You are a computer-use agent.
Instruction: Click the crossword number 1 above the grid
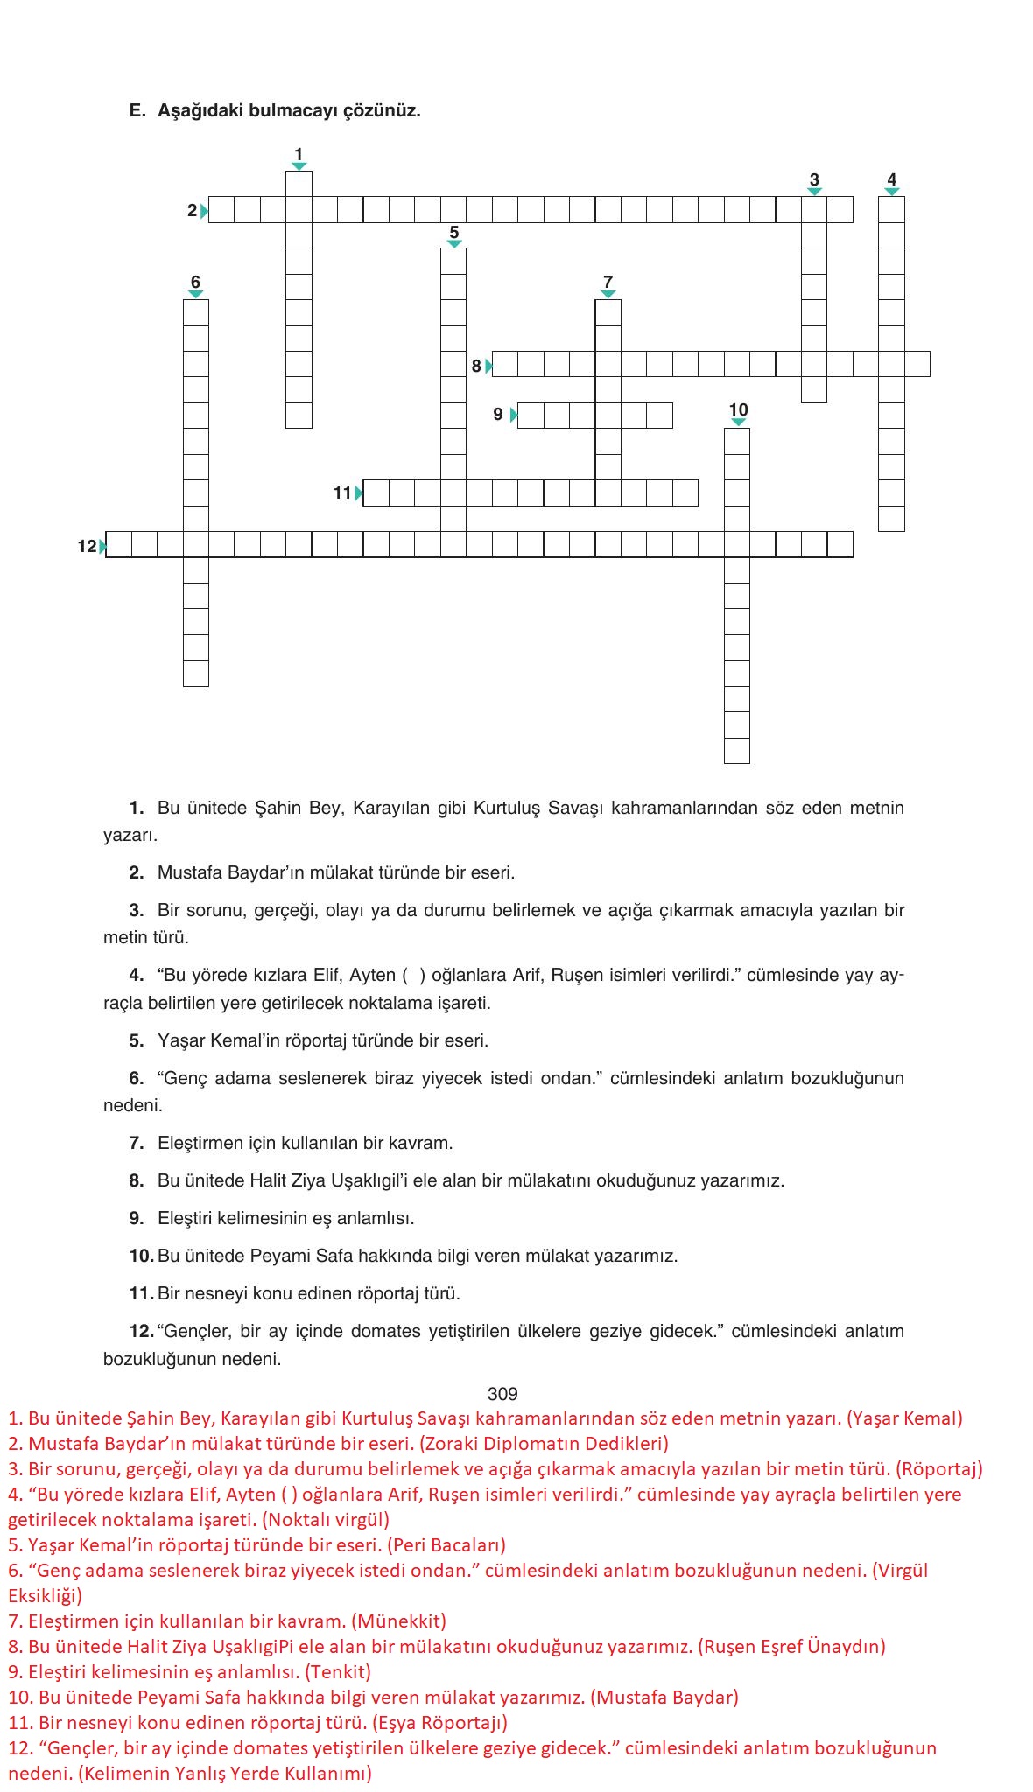(299, 154)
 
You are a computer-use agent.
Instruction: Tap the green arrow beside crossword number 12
(103, 547)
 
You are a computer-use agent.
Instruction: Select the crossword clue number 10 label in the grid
(738, 409)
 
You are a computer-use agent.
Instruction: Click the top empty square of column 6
(196, 312)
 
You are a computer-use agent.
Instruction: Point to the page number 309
(502, 1394)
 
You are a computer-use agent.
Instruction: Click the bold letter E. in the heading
(137, 110)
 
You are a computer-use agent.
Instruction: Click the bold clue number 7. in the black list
(137, 1143)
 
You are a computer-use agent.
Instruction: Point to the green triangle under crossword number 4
(892, 192)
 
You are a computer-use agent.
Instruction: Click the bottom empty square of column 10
(737, 751)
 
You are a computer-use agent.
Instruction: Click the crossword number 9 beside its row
(498, 415)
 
